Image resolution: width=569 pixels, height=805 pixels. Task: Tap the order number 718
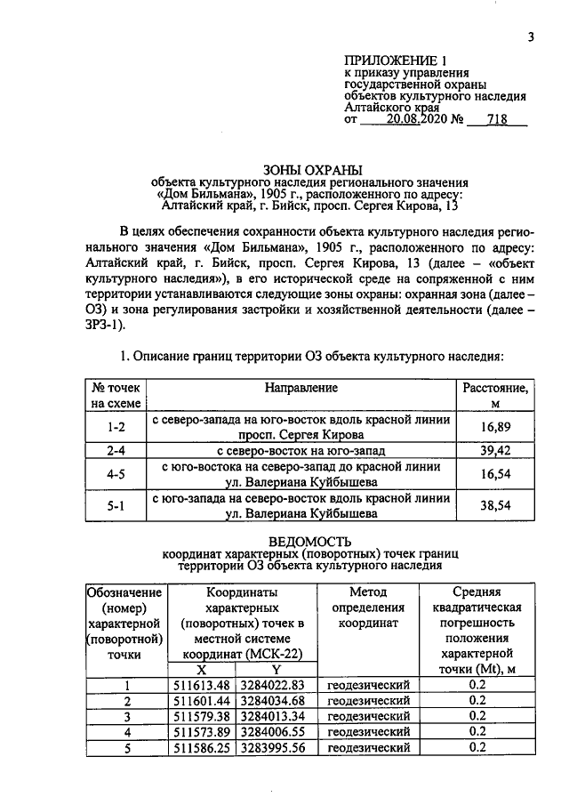pyautogui.click(x=498, y=119)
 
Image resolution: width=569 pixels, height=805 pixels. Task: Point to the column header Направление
pyautogui.click(x=301, y=388)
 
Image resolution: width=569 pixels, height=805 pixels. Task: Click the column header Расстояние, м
pyautogui.click(x=497, y=396)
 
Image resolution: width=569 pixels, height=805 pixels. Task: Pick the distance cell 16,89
pyautogui.click(x=497, y=427)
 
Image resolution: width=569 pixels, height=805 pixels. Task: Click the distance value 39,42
pyautogui.click(x=497, y=451)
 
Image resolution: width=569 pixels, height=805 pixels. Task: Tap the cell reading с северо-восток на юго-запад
pyautogui.click(x=301, y=451)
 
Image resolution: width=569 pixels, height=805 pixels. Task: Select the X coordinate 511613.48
pyautogui.click(x=202, y=685)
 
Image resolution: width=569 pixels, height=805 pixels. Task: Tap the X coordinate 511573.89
pyautogui.click(x=202, y=732)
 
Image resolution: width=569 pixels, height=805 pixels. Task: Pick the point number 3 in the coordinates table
pyautogui.click(x=126, y=716)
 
